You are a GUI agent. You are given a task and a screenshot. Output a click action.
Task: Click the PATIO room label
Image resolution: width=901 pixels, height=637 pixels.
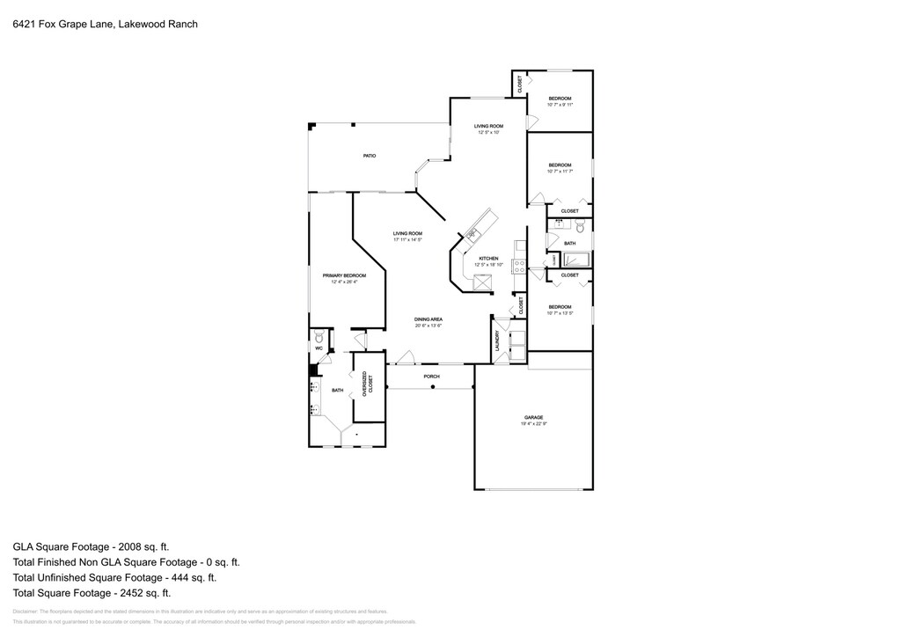tap(370, 156)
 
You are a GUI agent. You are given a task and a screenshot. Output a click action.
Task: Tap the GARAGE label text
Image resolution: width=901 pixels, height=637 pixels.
tap(533, 417)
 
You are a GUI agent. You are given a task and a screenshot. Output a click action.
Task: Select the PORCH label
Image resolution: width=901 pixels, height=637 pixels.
tap(431, 377)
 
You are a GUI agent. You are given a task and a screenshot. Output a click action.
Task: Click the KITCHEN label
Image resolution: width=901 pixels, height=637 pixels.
tap(488, 259)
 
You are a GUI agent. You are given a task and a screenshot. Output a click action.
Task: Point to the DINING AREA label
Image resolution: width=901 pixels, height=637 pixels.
tap(429, 319)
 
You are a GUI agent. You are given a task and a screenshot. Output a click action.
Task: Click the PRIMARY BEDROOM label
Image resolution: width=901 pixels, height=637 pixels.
tap(343, 275)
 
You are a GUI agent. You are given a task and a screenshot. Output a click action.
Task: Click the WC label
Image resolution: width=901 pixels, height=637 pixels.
tap(319, 349)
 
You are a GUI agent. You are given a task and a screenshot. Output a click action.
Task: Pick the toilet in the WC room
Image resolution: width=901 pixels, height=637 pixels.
tap(319, 336)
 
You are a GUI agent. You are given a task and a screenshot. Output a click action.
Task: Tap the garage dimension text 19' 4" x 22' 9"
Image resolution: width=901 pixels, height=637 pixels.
tap(533, 424)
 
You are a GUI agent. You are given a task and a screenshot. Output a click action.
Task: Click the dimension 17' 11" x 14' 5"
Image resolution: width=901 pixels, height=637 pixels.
tap(407, 239)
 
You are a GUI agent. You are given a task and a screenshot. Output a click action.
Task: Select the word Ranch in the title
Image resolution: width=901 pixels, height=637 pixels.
tap(181, 25)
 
